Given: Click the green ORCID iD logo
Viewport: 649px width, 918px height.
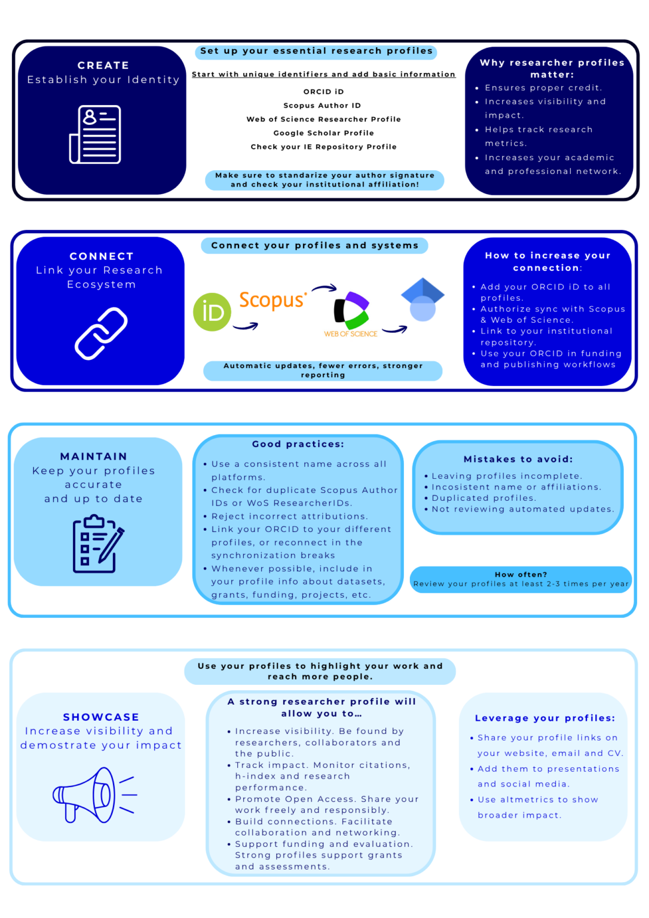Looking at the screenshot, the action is [x=212, y=312].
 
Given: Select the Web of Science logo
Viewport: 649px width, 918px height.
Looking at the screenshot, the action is [x=351, y=314].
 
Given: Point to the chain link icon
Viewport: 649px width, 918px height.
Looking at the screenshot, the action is [x=101, y=333].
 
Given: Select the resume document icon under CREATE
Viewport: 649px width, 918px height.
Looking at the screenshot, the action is [x=95, y=134].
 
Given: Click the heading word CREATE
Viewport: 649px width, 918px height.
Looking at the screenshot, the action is [x=103, y=65].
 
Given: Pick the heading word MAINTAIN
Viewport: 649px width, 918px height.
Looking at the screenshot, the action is [x=93, y=456].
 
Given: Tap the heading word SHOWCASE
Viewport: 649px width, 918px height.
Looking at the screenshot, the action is [x=101, y=717].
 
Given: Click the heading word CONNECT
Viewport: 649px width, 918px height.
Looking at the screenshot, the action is [x=102, y=256].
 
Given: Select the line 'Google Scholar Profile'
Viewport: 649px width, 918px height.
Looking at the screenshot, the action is [x=324, y=133].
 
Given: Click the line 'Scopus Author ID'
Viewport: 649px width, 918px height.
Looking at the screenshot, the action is [x=323, y=105].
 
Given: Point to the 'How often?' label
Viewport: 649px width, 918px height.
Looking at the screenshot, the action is [x=521, y=574].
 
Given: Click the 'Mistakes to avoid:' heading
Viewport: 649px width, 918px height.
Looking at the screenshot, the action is [x=518, y=459].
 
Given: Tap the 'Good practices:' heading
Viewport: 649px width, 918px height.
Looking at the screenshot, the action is [x=298, y=444].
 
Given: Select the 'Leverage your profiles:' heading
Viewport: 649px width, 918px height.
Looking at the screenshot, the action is [x=545, y=718].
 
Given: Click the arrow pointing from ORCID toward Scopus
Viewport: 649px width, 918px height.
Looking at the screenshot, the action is [x=246, y=326].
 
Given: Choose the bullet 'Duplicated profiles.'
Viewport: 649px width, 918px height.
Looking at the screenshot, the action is [x=483, y=498].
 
